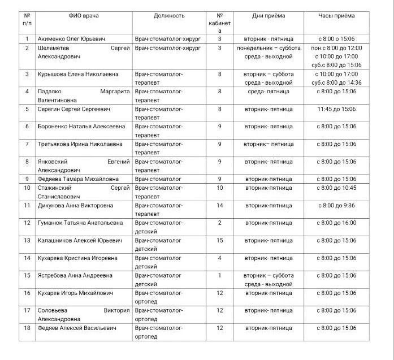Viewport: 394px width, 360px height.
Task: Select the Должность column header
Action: click(168, 16)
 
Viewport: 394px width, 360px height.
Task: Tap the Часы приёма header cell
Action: click(336, 16)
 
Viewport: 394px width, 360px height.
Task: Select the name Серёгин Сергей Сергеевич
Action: click(73, 109)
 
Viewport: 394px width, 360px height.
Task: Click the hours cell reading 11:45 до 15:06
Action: click(336, 109)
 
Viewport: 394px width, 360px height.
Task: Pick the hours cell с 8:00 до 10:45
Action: click(336, 188)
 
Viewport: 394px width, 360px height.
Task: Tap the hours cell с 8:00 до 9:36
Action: click(336, 205)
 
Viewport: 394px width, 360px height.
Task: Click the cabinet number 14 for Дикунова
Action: click(220, 205)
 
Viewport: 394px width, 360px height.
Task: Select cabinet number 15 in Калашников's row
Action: click(220, 240)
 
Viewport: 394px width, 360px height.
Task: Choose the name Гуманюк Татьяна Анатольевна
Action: click(80, 223)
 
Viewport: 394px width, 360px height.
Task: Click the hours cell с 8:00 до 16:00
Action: click(336, 223)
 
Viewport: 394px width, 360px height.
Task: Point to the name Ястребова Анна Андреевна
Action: click(75, 275)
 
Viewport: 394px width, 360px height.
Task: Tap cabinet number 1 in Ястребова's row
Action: click(220, 275)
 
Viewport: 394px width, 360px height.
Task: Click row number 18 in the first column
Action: click(27, 328)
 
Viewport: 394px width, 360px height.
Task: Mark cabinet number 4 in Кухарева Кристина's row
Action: click(220, 258)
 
